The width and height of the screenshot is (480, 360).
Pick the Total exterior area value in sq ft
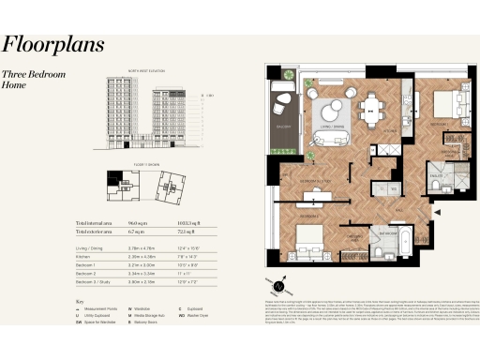(189, 232)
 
